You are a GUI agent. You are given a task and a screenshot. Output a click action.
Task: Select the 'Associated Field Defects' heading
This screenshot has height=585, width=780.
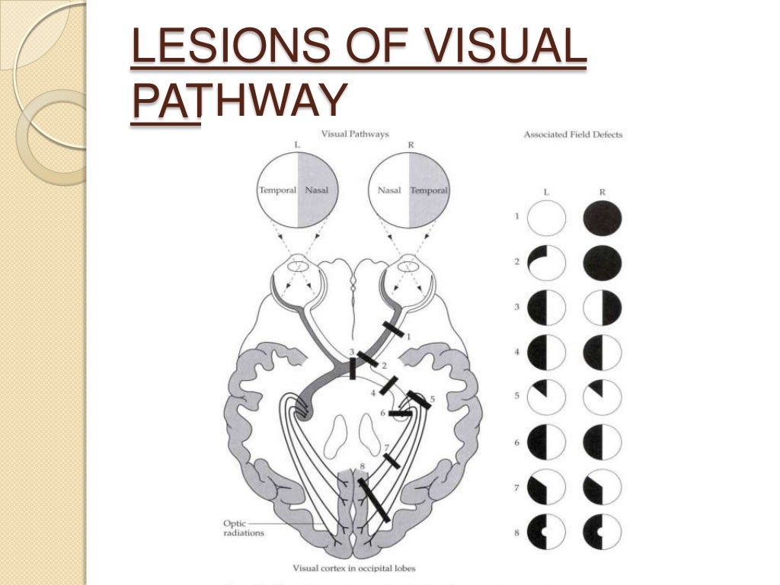(x=573, y=135)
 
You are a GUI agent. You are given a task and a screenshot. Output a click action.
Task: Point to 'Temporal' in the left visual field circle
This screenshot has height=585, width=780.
(x=277, y=190)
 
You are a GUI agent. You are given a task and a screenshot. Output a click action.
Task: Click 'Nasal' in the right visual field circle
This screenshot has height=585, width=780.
(x=389, y=190)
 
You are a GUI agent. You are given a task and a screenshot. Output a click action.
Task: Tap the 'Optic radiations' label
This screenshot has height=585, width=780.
(x=243, y=528)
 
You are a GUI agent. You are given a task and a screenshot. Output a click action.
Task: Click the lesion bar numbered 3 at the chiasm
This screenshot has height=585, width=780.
(x=353, y=369)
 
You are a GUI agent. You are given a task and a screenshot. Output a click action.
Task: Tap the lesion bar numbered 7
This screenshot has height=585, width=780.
(x=391, y=461)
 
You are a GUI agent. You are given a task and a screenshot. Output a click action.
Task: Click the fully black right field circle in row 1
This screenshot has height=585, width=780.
(x=602, y=219)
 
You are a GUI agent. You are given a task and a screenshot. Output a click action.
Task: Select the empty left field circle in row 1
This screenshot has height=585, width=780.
(x=547, y=219)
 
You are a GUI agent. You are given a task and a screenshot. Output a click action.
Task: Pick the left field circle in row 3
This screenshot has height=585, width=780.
(x=547, y=308)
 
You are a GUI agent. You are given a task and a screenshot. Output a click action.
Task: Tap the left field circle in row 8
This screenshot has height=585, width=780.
(x=547, y=532)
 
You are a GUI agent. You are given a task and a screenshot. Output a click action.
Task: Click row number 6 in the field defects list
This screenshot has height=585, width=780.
(x=516, y=443)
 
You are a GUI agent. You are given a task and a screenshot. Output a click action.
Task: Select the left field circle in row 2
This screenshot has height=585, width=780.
(x=547, y=264)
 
